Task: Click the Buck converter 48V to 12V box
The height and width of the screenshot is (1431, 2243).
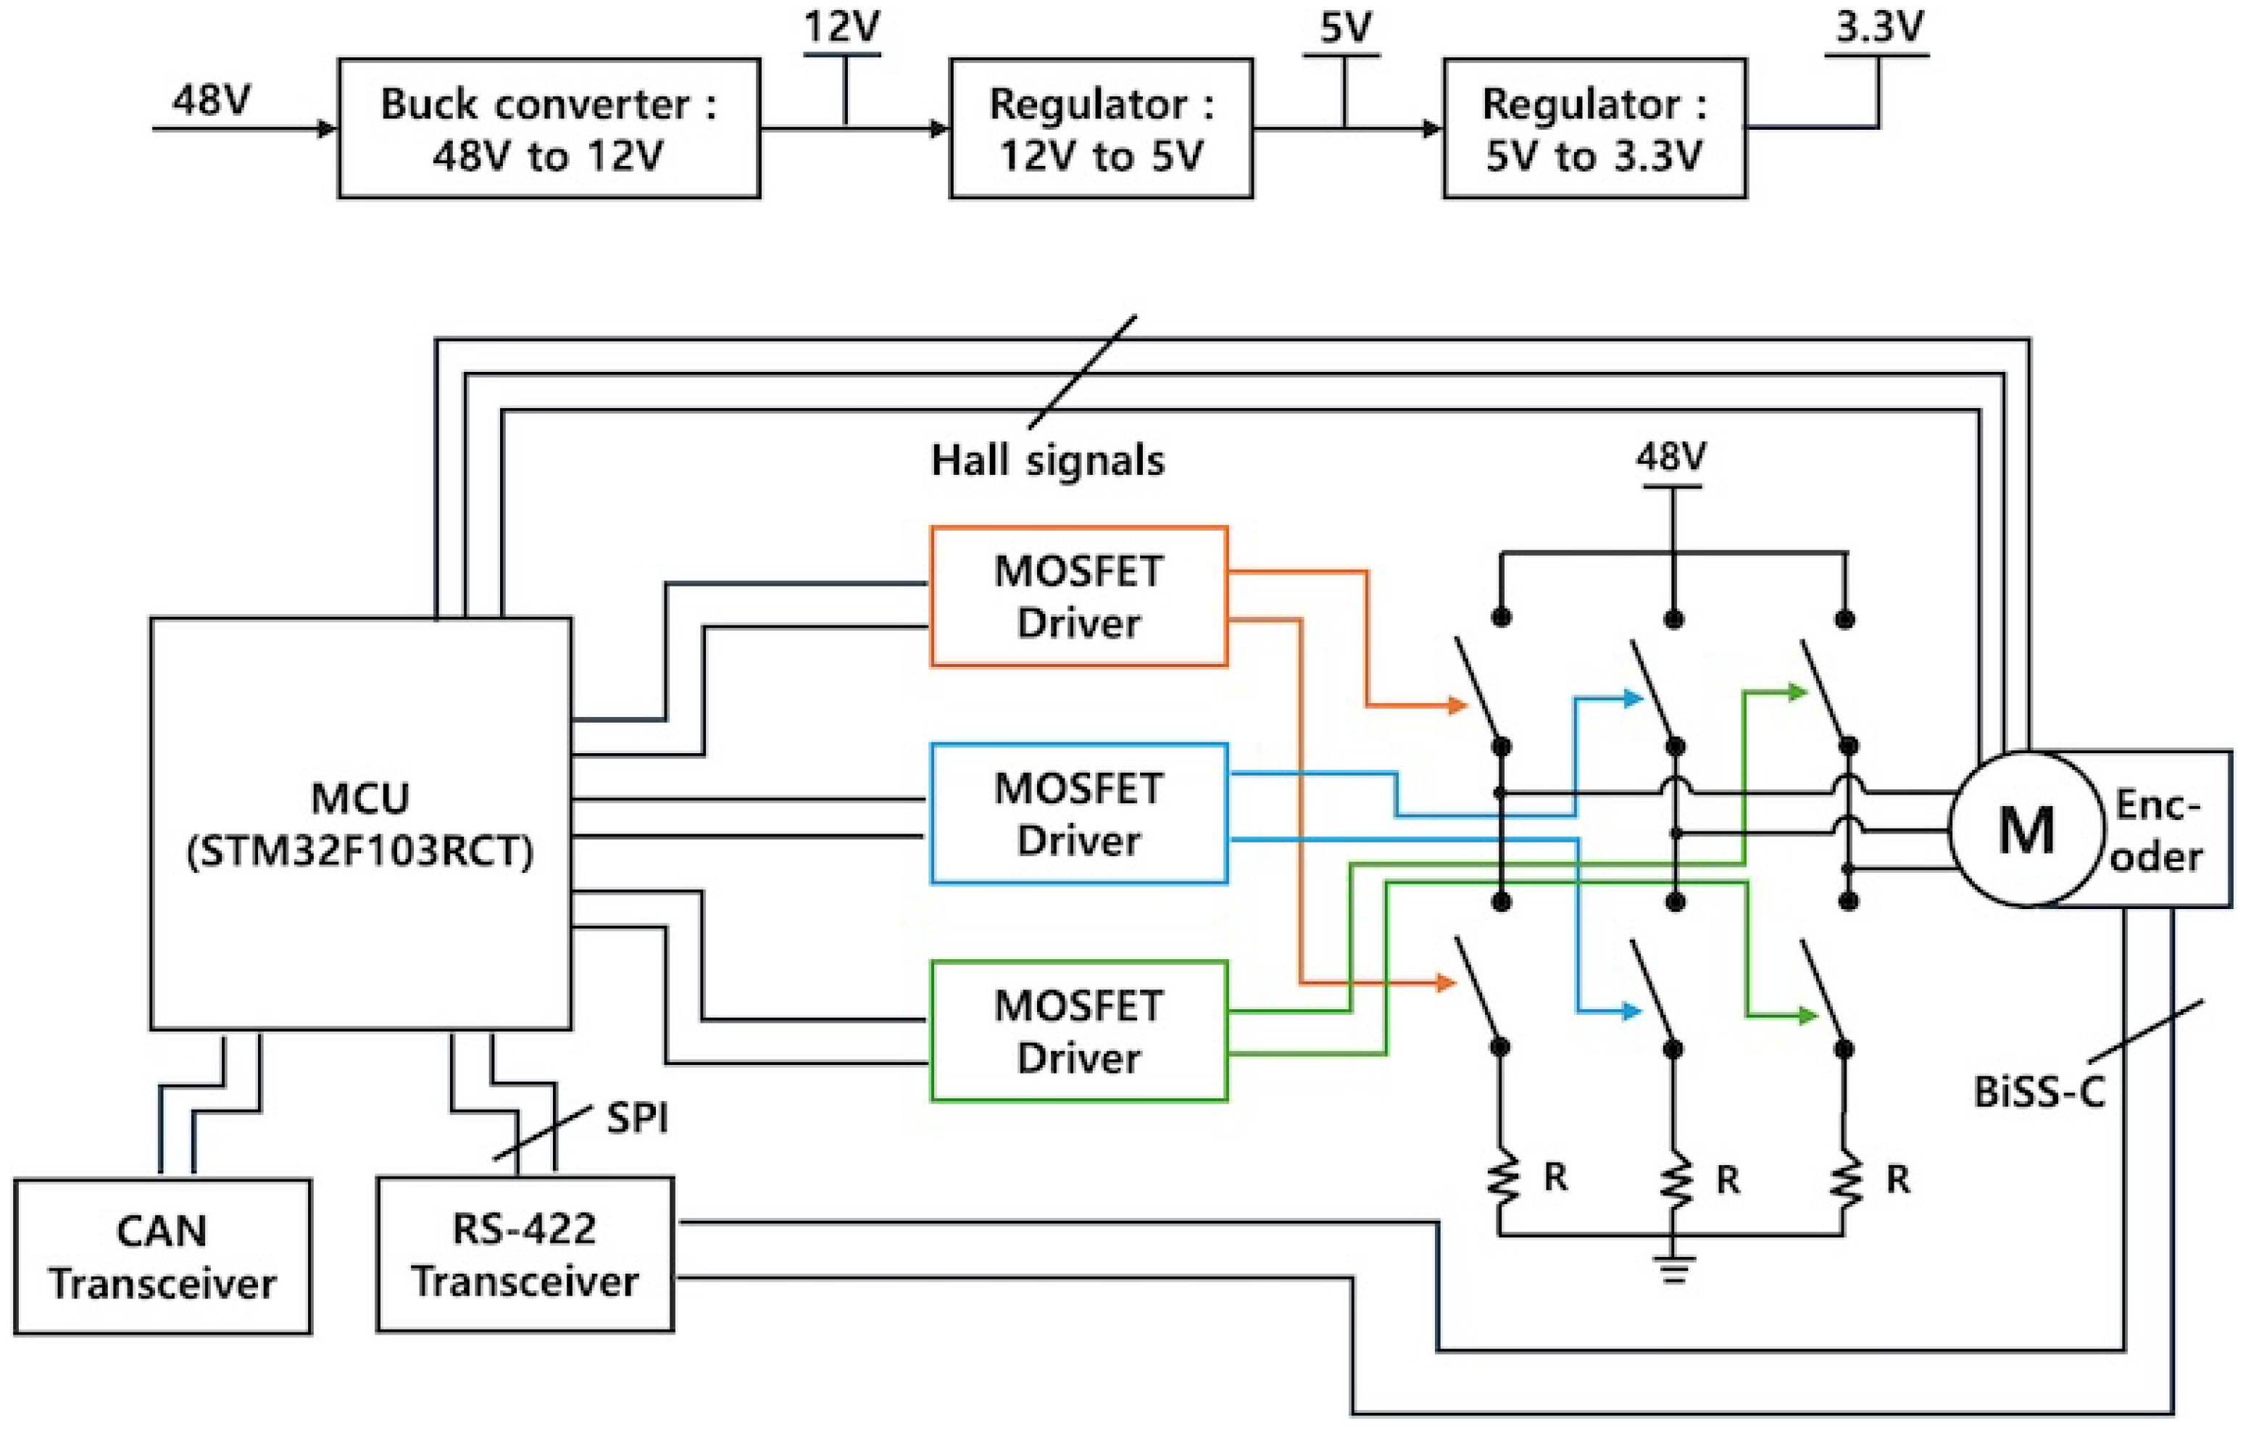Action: click(549, 128)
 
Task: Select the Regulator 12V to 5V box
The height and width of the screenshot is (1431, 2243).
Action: click(1101, 128)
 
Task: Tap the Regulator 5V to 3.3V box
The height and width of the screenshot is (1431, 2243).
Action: click(1594, 128)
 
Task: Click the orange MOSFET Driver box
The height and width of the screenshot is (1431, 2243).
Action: click(1078, 596)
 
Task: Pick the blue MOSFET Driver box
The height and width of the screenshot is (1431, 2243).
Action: click(1078, 813)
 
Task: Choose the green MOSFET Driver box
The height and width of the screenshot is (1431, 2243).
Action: click(1078, 1032)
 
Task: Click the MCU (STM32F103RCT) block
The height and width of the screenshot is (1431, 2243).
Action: click(360, 824)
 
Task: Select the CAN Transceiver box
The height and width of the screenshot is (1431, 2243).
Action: click(162, 1257)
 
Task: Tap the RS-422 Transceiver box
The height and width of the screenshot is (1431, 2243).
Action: click(525, 1255)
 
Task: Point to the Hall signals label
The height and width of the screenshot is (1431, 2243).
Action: click(1048, 460)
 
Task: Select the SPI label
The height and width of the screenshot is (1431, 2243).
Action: click(637, 1117)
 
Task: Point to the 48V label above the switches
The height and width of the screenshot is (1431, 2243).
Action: click(1671, 457)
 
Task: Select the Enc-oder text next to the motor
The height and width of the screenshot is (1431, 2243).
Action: click(2156, 829)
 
